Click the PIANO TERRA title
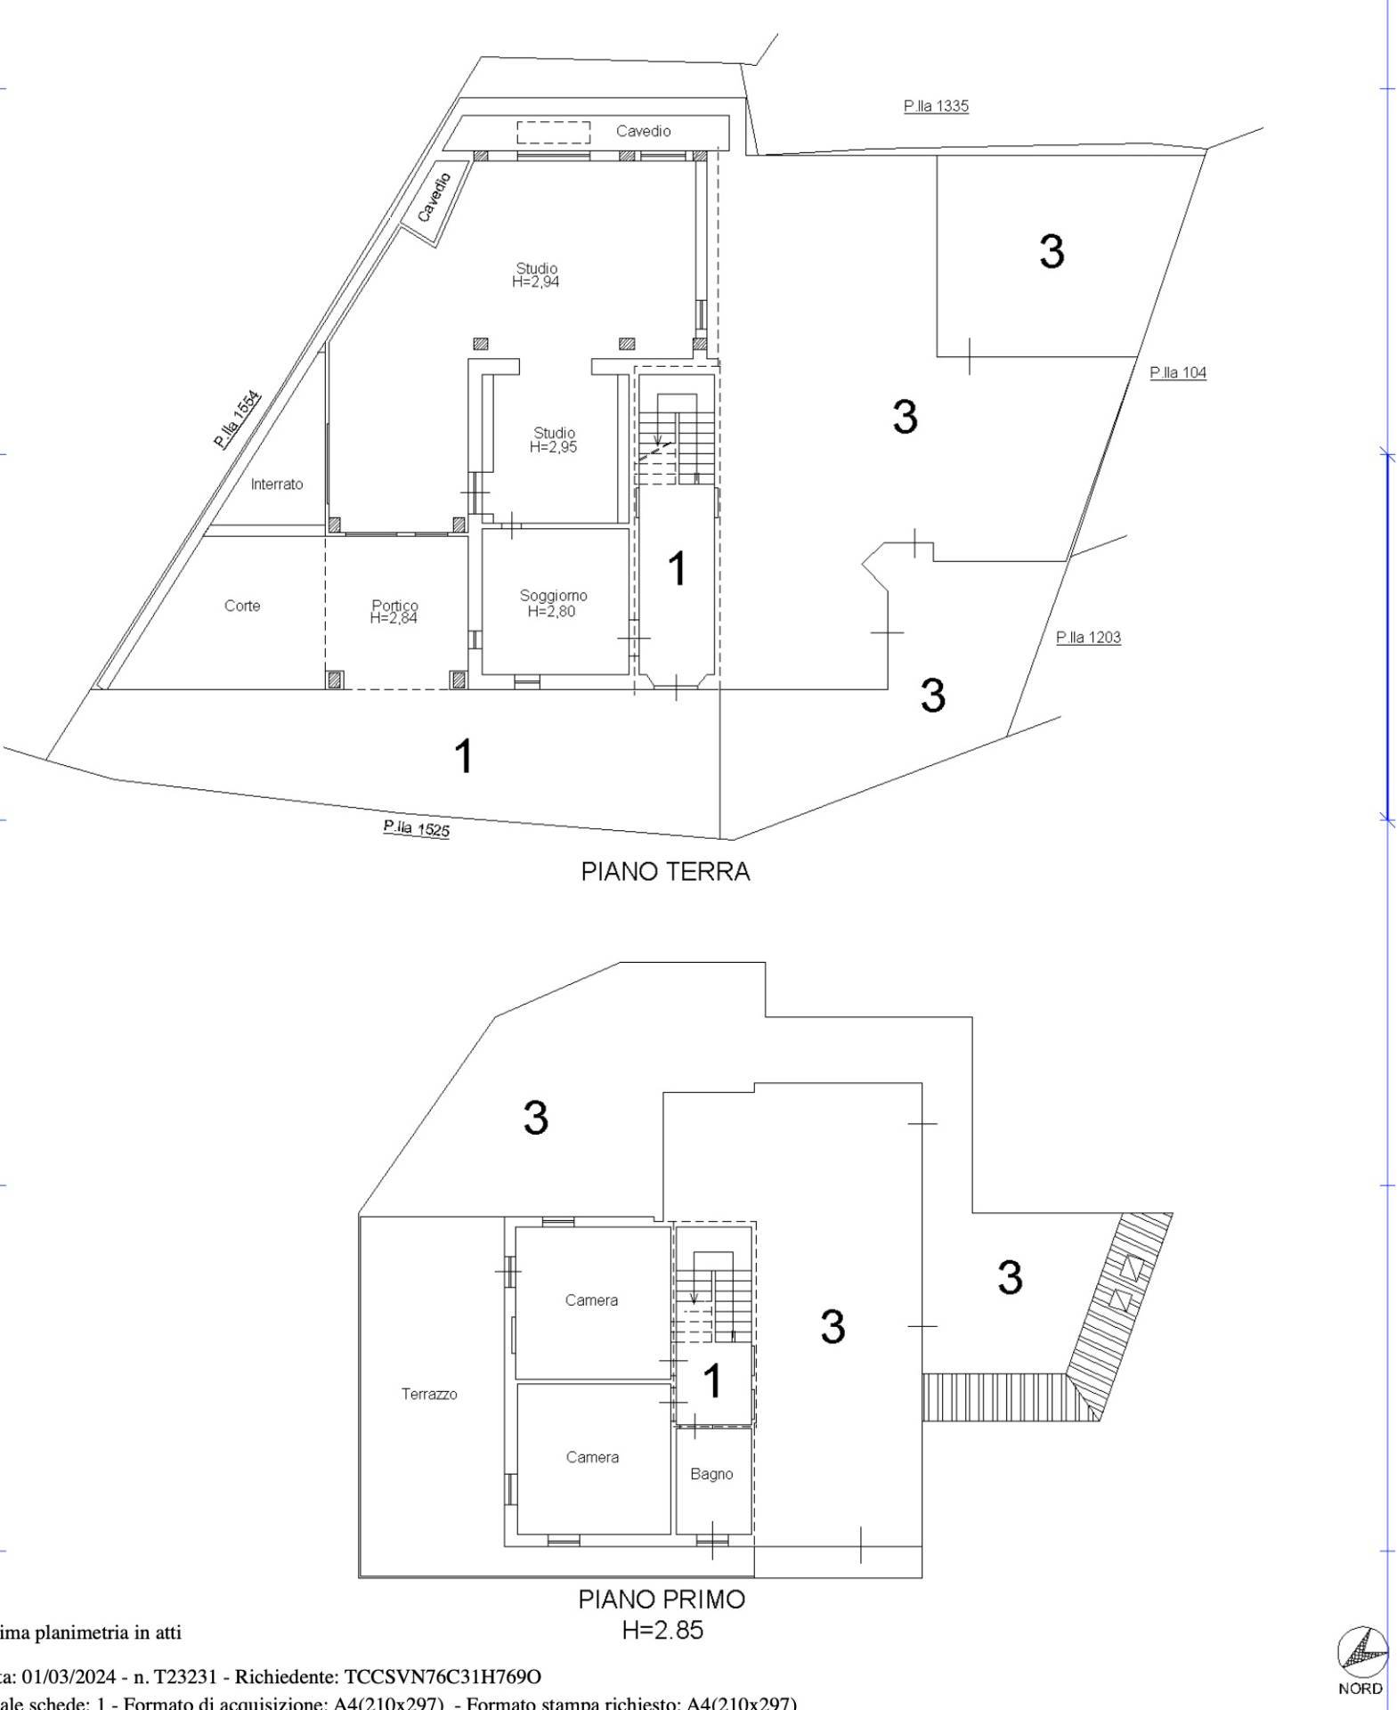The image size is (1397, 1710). pos(665,871)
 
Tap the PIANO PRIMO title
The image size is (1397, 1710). pos(662,1600)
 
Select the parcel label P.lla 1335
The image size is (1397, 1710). pos(936,106)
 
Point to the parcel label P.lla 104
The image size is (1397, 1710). pos(1178,373)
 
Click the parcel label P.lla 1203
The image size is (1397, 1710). pos(1088,638)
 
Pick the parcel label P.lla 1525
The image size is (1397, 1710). pos(417,829)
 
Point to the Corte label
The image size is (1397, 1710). pos(242,606)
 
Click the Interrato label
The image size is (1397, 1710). pos(277,484)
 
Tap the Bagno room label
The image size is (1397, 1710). pos(711,1474)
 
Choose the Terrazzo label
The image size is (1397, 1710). pos(429,1394)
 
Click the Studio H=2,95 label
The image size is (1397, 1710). pos(554,440)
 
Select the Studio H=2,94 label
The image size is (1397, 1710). pos(536,275)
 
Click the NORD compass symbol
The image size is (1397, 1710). pos(1361,1653)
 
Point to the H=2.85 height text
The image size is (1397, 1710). pos(662,1630)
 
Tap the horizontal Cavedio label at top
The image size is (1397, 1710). pos(643,131)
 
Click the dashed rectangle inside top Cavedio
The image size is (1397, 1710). pos(554,132)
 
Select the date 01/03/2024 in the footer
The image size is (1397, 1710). pos(69,1677)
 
